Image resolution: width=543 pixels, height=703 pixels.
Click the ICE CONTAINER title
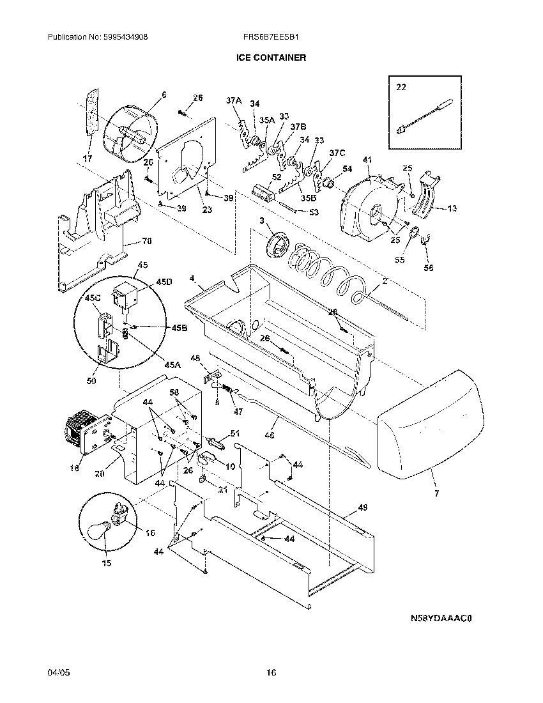(x=271, y=58)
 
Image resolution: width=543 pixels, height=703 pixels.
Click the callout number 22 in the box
(x=401, y=87)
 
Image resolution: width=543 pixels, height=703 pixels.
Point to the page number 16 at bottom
(x=271, y=672)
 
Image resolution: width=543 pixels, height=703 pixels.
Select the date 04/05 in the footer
(x=57, y=672)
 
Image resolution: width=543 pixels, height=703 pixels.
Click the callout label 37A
(x=234, y=100)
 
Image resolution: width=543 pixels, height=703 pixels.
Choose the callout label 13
(x=452, y=208)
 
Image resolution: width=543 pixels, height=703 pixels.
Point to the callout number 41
(x=367, y=159)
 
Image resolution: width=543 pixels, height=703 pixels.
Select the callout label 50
(x=91, y=382)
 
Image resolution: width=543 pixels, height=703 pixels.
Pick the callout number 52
(x=277, y=177)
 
